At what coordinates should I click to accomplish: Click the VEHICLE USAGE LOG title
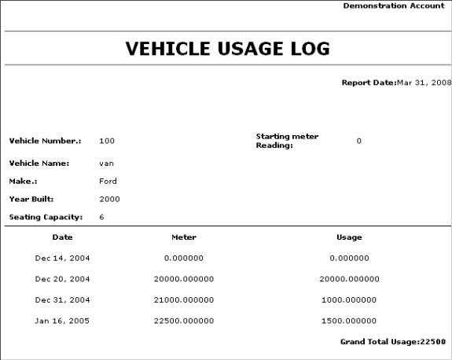click(x=227, y=49)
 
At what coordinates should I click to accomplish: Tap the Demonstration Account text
click(x=396, y=6)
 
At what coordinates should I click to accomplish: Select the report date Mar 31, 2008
click(x=424, y=83)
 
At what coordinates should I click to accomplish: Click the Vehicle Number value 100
click(x=107, y=141)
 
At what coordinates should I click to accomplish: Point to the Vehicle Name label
click(x=39, y=163)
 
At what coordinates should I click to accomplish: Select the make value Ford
click(x=108, y=181)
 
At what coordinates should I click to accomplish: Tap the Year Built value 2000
click(x=109, y=199)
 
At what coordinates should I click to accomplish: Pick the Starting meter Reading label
click(x=287, y=141)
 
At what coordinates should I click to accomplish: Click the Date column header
click(x=62, y=237)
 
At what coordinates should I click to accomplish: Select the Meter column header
click(x=183, y=237)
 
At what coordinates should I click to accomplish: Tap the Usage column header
click(x=349, y=237)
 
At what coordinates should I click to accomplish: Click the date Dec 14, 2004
click(x=62, y=257)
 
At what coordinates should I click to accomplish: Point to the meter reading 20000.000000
click(x=183, y=278)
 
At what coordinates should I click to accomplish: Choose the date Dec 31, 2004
click(x=62, y=299)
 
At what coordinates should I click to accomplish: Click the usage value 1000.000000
click(x=349, y=299)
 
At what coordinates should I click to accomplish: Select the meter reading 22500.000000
click(x=183, y=321)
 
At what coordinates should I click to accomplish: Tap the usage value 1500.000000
click(x=349, y=321)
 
